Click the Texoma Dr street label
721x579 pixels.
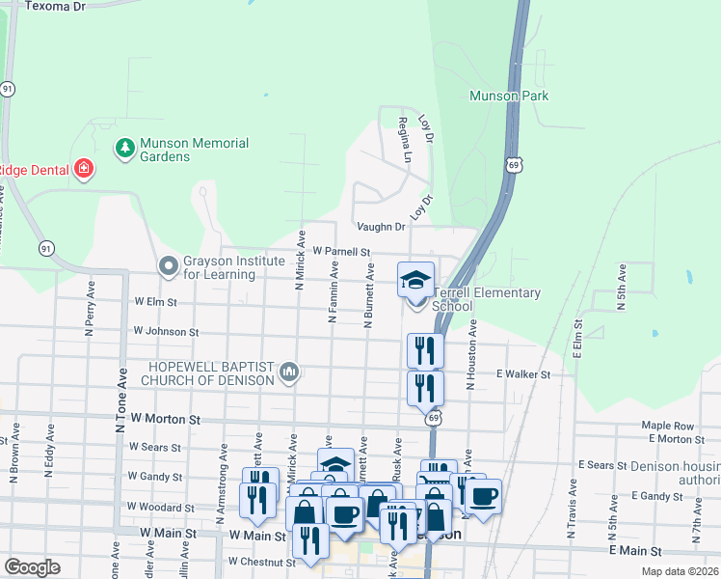coord(55,6)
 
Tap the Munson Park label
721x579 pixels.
coord(508,96)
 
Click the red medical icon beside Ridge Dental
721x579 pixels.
coord(84,170)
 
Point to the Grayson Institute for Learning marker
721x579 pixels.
coord(169,264)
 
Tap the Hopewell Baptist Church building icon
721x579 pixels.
coord(288,372)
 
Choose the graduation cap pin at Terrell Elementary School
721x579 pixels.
coord(416,281)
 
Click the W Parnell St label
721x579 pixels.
coord(340,252)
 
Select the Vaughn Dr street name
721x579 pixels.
coord(381,227)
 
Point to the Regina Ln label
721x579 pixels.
coord(406,140)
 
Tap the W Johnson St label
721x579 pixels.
coord(166,331)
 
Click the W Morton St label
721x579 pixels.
coord(165,420)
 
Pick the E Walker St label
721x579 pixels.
coord(522,374)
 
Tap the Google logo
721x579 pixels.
coord(33,567)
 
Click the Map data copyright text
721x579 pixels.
coord(680,571)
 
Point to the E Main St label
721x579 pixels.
coord(637,550)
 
